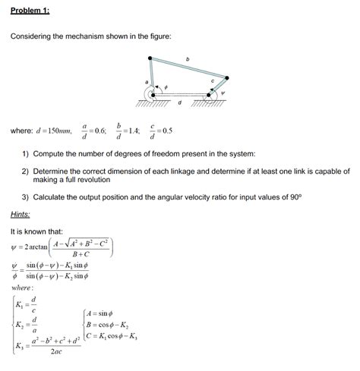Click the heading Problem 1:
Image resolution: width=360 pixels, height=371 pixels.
click(x=29, y=11)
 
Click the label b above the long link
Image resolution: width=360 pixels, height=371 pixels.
click(x=187, y=60)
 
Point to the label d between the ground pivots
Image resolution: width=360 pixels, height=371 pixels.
click(x=179, y=102)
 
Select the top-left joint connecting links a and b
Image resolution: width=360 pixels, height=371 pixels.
click(x=150, y=59)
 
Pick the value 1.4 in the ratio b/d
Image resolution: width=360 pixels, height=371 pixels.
click(x=136, y=130)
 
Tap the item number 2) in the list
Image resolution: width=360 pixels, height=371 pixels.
click(x=26, y=171)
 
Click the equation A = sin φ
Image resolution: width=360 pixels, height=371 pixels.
click(x=106, y=312)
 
